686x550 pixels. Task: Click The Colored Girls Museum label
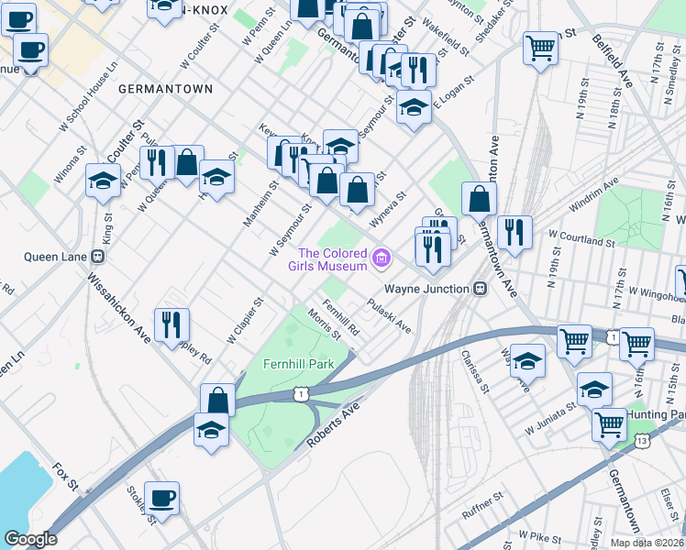pos(332,259)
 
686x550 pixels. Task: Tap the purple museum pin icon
pos(381,259)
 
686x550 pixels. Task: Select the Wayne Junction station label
pos(426,288)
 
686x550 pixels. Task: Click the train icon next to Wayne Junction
pos(480,288)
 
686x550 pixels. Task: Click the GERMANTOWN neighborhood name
pos(165,89)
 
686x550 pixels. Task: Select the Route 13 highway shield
pos(638,442)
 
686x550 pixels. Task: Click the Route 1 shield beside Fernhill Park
pos(300,393)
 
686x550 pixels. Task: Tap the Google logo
pos(30,538)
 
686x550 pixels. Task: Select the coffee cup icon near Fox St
pos(162,498)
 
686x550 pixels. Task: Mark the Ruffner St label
pos(483,506)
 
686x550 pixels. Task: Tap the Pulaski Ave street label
pos(389,316)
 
